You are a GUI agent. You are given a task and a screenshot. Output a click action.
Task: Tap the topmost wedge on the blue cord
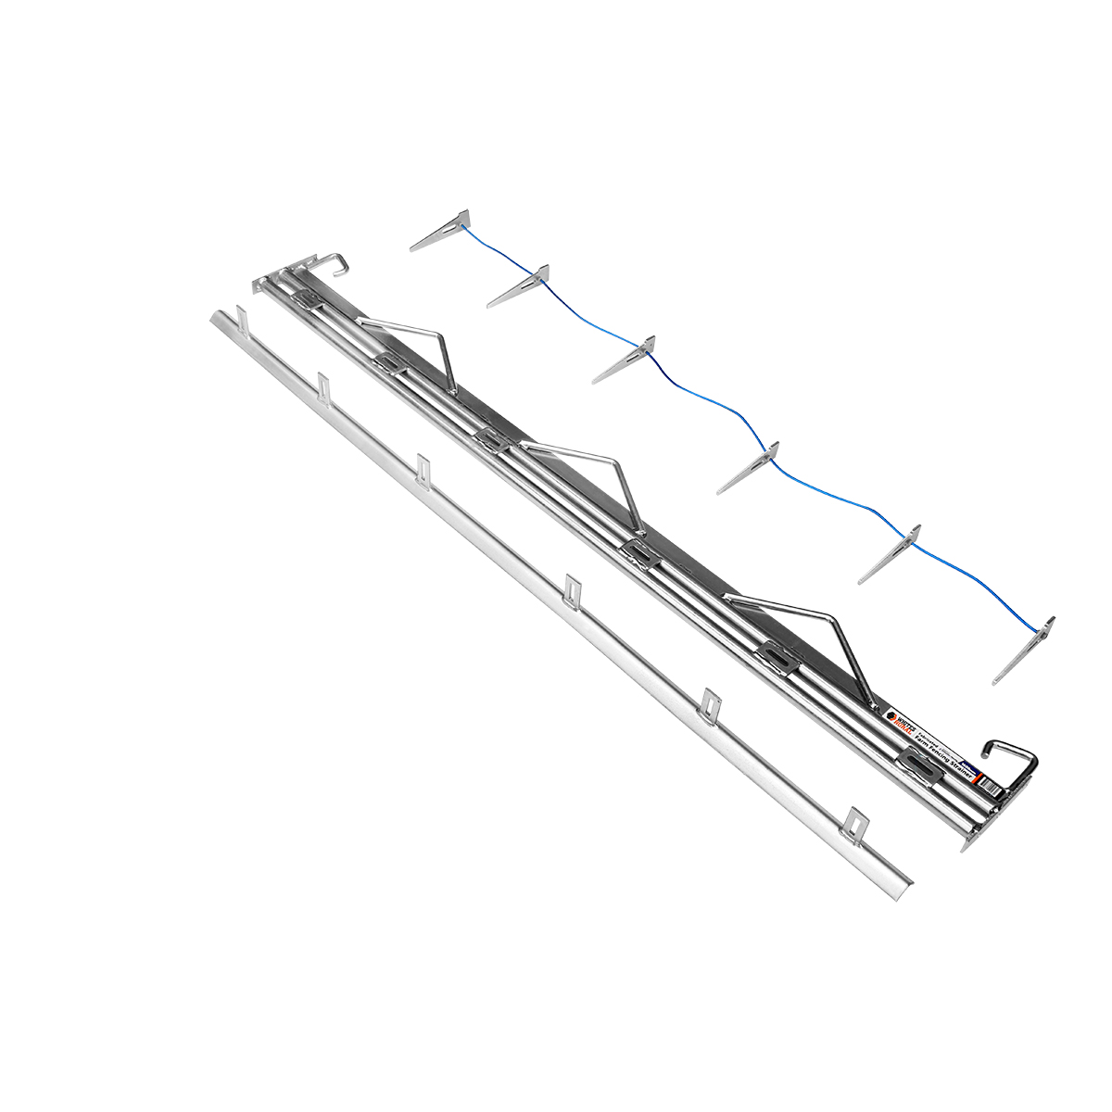click(x=443, y=233)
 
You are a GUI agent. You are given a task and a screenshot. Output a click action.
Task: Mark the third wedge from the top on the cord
click(x=625, y=359)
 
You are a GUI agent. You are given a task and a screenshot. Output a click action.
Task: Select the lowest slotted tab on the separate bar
click(x=857, y=820)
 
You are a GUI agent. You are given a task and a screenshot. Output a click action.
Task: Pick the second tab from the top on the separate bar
click(x=323, y=386)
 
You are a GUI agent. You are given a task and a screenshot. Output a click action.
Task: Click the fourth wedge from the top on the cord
click(x=750, y=465)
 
